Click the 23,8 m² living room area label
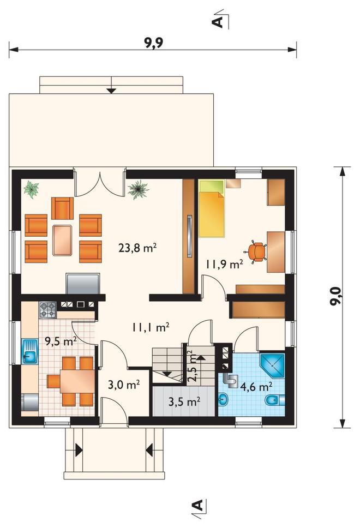pyautogui.click(x=137, y=248)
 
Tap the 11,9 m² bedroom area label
pyautogui.click(x=224, y=265)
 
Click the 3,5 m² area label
pyautogui.click(x=184, y=401)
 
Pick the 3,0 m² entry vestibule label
pyautogui.click(x=124, y=385)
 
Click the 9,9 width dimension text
pyautogui.click(x=154, y=43)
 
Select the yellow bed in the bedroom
pyautogui.click(x=212, y=208)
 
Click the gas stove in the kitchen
pyautogui.click(x=48, y=310)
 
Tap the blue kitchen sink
pyautogui.click(x=29, y=351)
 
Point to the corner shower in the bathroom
pyautogui.click(x=272, y=365)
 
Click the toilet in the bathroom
pyautogui.click(x=274, y=400)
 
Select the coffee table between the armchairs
pyautogui.click(x=62, y=240)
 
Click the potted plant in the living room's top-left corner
pyautogui.click(x=31, y=189)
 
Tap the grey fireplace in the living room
pyautogui.click(x=83, y=284)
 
